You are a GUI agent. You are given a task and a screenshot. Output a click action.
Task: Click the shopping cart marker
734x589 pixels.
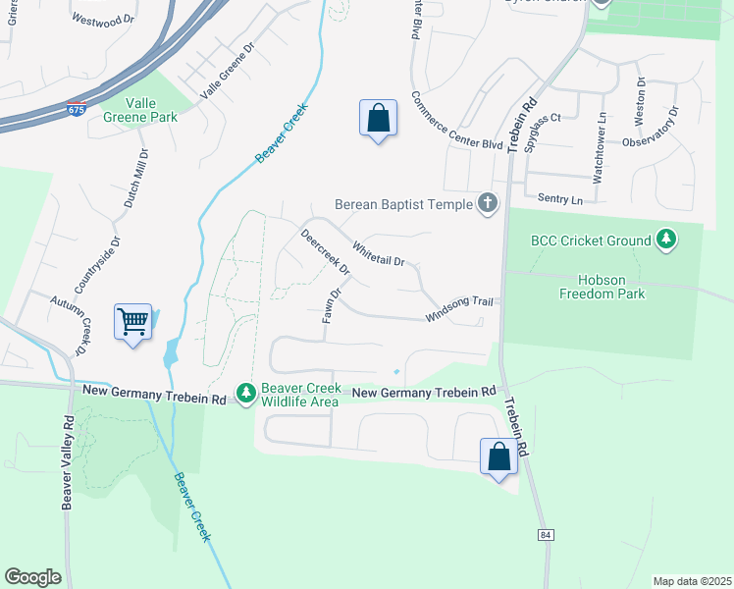[132, 321]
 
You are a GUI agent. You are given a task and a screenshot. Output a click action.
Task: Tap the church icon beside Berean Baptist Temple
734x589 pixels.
[487, 205]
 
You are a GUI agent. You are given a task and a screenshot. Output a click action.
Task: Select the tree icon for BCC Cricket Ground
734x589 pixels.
[666, 240]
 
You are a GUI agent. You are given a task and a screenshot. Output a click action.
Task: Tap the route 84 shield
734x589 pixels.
[545, 535]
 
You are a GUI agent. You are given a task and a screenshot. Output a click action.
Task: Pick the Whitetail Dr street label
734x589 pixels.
[379, 255]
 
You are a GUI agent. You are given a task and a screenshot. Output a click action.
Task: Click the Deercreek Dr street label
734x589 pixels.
[325, 252]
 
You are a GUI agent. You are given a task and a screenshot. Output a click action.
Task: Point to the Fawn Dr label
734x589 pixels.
[332, 306]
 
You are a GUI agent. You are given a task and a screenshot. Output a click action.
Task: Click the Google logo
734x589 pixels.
[32, 577]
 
